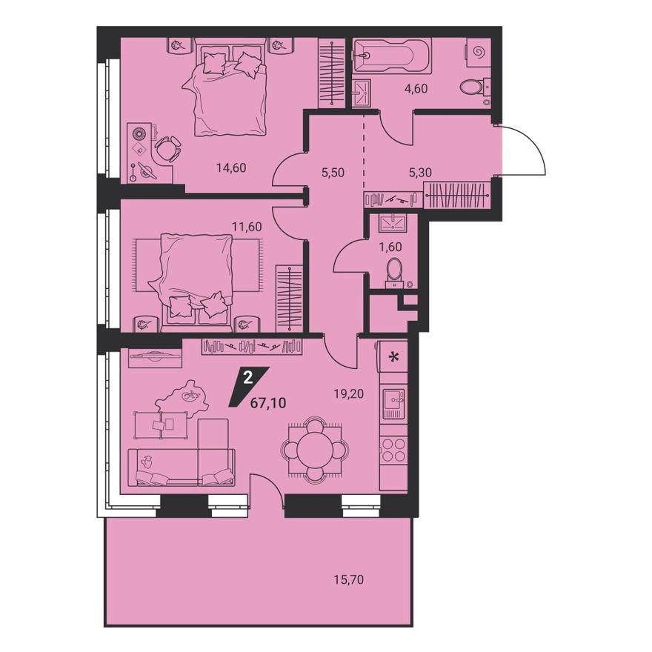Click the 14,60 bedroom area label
point(230,168)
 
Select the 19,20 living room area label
point(349,393)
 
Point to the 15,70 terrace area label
point(348,579)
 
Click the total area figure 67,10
point(268,402)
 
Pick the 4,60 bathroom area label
point(416,89)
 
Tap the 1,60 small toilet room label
point(390,247)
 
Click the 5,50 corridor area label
point(333,172)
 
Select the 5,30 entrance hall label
point(420,172)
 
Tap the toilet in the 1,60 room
point(393,273)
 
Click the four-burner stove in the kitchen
point(393,450)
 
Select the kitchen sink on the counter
point(393,403)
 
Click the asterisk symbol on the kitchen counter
point(393,356)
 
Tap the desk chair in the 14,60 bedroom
point(167,148)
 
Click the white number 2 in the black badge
point(247,378)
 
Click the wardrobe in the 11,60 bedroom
point(290,298)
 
